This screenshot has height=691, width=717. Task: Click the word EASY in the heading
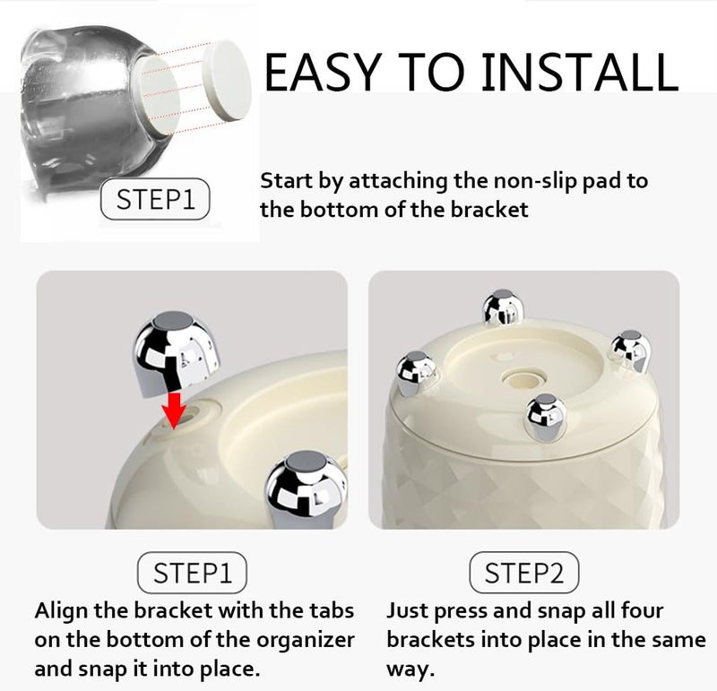coord(323,72)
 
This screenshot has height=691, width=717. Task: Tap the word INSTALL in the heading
coord(580,72)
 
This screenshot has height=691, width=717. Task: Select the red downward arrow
coord(174,410)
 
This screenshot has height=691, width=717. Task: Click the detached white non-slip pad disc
coord(227,81)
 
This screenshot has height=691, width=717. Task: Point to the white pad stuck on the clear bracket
coord(158,95)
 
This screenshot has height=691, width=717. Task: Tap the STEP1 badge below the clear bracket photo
coord(155,199)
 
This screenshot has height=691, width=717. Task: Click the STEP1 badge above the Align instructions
coord(192,573)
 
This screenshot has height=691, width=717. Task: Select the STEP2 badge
coord(524,573)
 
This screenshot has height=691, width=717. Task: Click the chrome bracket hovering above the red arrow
coord(176,353)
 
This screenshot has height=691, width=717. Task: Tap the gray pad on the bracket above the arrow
coord(174,321)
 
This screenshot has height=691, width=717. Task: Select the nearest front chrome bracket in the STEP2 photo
coord(545,417)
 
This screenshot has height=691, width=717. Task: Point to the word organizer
coord(306,640)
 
